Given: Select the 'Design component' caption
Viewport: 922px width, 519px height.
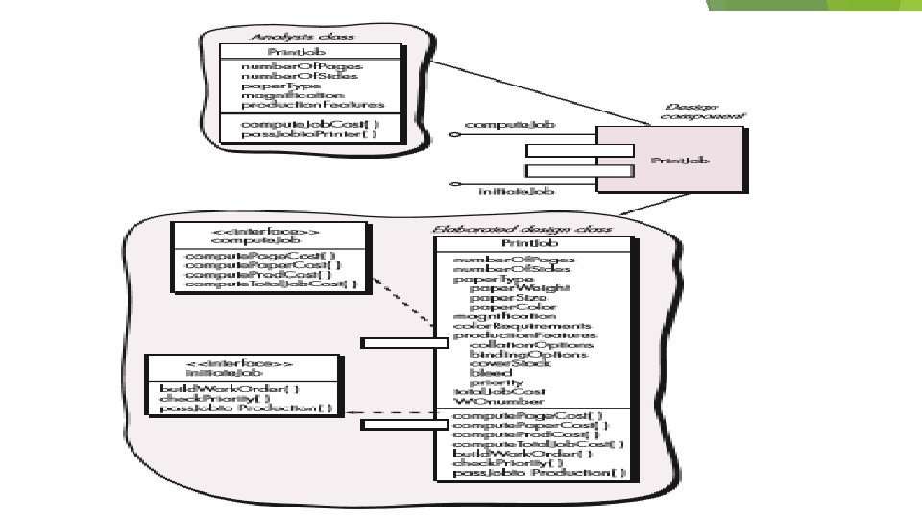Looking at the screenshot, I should coord(692,111).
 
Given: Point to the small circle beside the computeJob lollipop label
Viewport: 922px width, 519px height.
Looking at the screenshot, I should coord(454,136).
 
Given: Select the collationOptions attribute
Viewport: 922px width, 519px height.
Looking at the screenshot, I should coord(531,344).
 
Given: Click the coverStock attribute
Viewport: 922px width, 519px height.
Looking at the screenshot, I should coord(517,362).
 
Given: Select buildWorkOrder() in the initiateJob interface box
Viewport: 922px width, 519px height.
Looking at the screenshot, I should coord(230,388).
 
